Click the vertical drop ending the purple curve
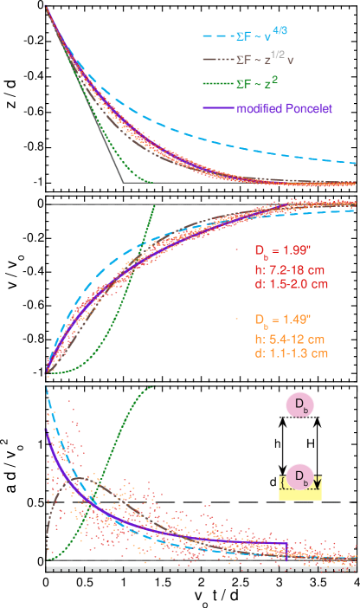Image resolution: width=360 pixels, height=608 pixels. click(x=286, y=549)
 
